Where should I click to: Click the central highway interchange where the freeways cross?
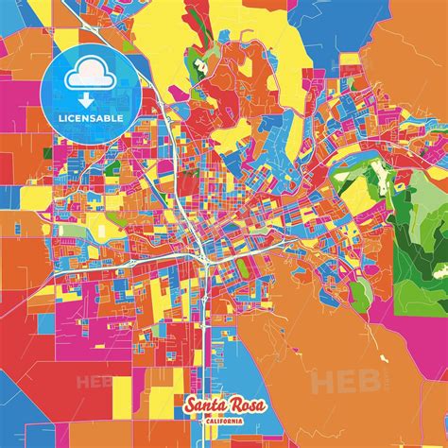[x=202, y=253]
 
